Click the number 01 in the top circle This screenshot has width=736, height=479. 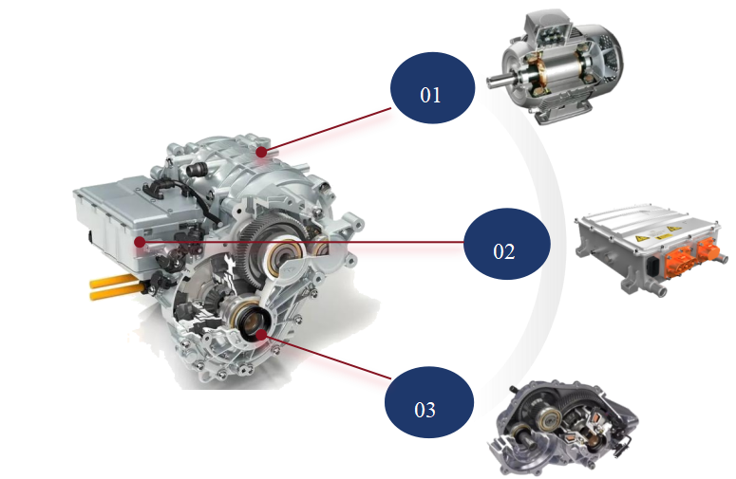pos(430,95)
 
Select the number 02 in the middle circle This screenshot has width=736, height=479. pos(504,251)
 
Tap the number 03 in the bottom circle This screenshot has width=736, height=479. pos(425,410)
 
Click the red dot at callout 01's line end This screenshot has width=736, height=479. pos(261,152)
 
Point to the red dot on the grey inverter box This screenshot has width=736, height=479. pos(140,242)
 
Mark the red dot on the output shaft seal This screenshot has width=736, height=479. pos(261,334)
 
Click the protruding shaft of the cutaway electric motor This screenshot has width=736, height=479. pos(501,81)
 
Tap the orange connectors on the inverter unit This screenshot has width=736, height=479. pos(693,258)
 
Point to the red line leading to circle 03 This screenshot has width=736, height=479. pos(326,357)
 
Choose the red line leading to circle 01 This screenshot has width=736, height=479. pos(327,130)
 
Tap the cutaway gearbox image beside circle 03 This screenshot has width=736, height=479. pos(563,428)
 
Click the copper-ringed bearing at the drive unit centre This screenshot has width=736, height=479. pos(284,255)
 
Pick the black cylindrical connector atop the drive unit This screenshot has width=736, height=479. pos(197,169)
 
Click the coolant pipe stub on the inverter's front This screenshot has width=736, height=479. pos(658,288)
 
